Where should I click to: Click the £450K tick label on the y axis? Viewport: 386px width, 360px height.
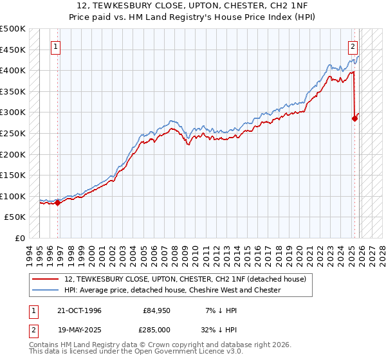pos(13,50)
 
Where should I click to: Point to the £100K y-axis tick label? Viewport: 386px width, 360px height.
pos(13,196)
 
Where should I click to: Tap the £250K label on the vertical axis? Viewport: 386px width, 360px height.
pos(13,133)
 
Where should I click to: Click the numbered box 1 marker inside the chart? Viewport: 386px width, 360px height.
pos(55,46)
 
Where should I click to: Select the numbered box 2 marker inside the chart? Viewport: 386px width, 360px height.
pos(353,46)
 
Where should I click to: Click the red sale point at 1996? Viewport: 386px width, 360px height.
pos(58,203)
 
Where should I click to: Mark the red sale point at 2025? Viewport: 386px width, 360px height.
pos(354,118)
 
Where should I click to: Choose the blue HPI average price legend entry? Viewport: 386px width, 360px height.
pos(172,290)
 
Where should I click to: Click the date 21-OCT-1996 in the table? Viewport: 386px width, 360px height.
pos(78,310)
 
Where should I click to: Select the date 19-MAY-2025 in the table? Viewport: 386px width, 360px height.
pos(78,330)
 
